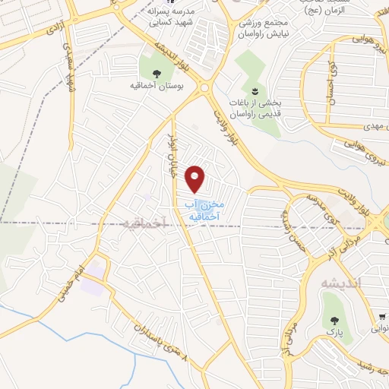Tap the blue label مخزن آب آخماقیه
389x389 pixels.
(201, 210)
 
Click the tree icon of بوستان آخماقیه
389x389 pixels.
(157, 74)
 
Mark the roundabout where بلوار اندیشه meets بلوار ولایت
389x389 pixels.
(206, 89)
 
